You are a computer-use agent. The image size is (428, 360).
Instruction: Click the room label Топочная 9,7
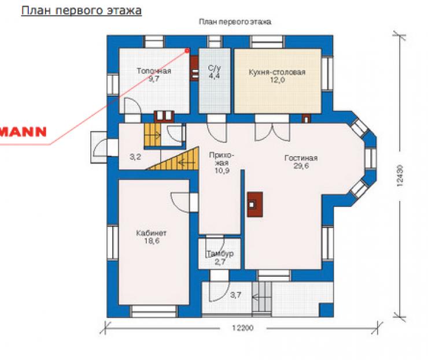coord(154,75)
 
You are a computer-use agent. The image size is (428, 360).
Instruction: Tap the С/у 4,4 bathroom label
coord(214,72)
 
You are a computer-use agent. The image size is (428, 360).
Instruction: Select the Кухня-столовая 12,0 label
coord(277,76)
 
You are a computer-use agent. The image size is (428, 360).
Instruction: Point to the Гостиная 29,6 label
coord(301,162)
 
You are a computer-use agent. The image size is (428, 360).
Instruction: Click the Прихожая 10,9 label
coord(222,163)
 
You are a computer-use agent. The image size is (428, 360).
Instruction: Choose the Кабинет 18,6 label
coord(152,237)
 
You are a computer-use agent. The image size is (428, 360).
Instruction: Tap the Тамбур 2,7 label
coord(220,258)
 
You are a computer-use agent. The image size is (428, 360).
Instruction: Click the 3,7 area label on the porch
coord(235,295)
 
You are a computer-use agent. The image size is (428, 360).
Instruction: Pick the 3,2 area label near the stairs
coord(135,157)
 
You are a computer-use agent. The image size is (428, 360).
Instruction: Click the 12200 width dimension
coord(243,328)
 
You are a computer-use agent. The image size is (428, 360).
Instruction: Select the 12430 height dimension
coord(400,176)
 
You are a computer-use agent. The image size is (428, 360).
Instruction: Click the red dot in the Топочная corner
coord(187,50)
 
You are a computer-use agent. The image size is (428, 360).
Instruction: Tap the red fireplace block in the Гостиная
coord(255,205)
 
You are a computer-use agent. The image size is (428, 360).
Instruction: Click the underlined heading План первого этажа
coord(82,10)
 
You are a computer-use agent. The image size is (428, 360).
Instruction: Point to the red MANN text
coord(23,132)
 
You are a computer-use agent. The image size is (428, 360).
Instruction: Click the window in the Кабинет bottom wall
coord(154,311)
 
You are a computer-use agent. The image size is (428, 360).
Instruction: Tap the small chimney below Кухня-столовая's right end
coord(306,119)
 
